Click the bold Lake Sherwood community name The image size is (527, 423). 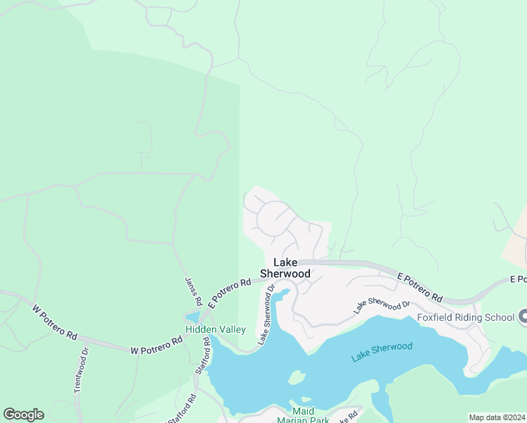point(285,267)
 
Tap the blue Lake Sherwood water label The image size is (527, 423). point(382,351)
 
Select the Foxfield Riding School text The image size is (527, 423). point(466,317)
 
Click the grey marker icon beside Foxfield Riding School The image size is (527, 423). point(523,317)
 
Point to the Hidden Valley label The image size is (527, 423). point(216,329)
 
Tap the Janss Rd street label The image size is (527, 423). point(192,291)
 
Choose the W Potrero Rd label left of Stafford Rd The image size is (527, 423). point(156,345)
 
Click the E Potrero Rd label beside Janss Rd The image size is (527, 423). point(230,293)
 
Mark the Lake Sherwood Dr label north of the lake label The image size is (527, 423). point(381,306)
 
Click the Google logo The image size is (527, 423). point(23,415)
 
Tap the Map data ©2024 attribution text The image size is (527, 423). point(497,417)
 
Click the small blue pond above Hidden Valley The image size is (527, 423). point(192,318)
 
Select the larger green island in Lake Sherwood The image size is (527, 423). point(297,379)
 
